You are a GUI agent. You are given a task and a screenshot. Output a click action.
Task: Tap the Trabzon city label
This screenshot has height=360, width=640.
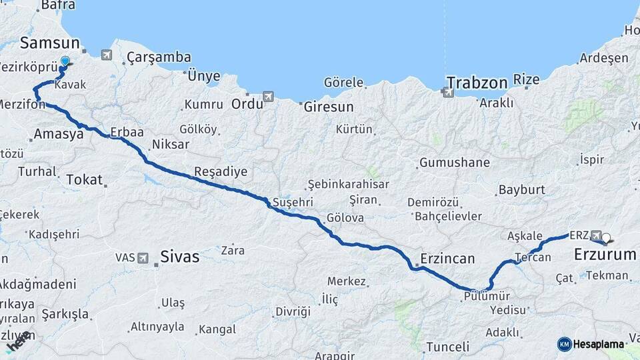click(477, 83)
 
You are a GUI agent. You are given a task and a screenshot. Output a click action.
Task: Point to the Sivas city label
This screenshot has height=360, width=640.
click(179, 256)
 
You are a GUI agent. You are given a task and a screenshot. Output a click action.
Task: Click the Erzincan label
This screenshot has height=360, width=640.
click(447, 258)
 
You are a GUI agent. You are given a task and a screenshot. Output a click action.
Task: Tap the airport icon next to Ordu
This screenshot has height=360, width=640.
click(268, 97)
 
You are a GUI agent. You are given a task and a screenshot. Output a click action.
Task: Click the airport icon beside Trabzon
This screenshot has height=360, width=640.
click(446, 92)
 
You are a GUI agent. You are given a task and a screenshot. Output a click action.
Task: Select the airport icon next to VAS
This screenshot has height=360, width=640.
click(143, 257)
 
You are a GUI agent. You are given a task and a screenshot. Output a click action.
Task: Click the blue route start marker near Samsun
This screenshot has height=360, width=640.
click(65, 62)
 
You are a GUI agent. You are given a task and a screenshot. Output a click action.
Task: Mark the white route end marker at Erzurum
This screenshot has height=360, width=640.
click(606, 237)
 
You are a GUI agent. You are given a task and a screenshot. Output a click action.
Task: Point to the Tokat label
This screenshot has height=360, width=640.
click(85, 179)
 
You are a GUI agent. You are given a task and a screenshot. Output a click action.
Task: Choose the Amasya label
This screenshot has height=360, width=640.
click(58, 134)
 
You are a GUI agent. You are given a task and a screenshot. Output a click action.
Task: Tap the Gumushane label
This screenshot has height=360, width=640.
click(455, 163)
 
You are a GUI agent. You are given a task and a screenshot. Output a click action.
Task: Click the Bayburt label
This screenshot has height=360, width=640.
click(521, 190)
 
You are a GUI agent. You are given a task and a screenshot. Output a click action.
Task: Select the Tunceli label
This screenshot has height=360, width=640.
click(447, 347)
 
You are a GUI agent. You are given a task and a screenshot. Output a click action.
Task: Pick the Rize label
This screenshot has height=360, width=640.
click(526, 80)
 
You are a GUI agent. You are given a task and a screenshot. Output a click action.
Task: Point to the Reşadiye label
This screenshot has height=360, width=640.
click(221, 172)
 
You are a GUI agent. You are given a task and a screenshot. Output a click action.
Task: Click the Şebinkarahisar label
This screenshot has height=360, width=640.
click(347, 185)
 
